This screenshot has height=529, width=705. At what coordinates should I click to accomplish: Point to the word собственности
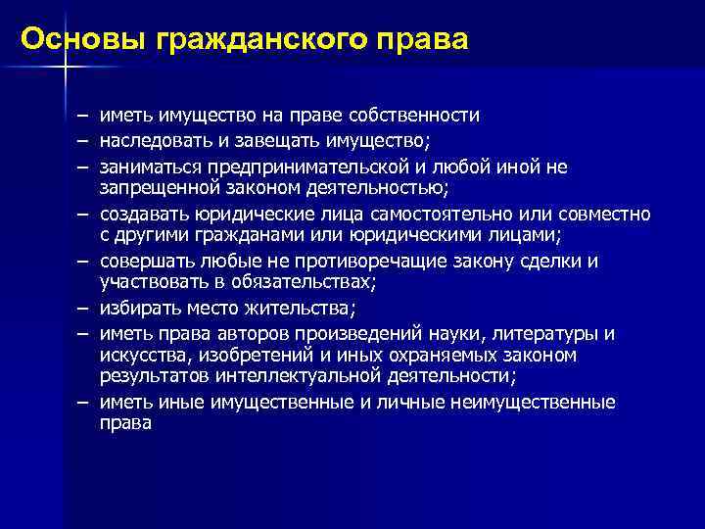coord(422,117)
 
